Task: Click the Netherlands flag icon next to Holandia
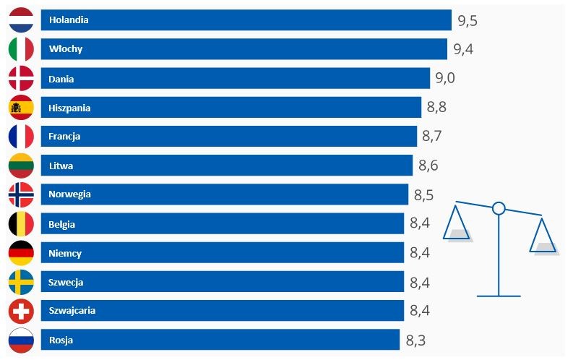(x=21, y=20)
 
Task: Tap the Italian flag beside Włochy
(x=21, y=49)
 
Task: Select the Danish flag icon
(x=21, y=78)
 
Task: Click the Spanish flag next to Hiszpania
(x=21, y=108)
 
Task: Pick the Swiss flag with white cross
(x=21, y=311)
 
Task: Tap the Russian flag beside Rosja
(x=21, y=340)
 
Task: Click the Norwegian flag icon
(x=21, y=194)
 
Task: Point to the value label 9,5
(x=468, y=20)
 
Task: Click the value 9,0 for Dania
(x=446, y=78)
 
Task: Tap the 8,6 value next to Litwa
(x=428, y=166)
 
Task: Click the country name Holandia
(x=69, y=20)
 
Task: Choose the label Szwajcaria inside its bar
(x=72, y=311)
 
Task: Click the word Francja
(x=65, y=136)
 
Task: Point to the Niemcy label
(x=65, y=253)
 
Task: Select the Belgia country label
(x=62, y=224)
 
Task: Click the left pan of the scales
(x=457, y=233)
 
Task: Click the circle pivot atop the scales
(x=498, y=209)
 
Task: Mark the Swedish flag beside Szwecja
(x=21, y=282)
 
